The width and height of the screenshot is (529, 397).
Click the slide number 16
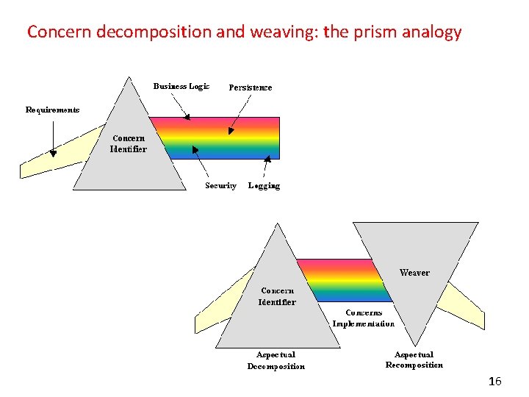coord(495,381)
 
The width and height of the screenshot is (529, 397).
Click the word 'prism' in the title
coord(381,32)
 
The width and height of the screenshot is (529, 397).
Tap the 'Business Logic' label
coord(181,86)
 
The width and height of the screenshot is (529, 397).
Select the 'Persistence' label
coord(251,87)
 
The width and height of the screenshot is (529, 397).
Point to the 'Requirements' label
coord(53,110)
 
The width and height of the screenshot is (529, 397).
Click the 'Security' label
coord(220,186)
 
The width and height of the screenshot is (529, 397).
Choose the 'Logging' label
coord(264,186)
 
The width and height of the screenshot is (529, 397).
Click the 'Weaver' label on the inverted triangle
coord(414,273)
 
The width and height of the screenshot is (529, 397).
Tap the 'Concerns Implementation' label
coord(363,318)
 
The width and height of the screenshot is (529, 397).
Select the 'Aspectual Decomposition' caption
coord(276,360)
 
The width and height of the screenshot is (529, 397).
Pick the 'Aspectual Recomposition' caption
coord(414,360)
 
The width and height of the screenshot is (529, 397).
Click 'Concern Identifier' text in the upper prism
coord(129,143)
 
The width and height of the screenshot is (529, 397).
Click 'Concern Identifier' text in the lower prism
coord(277,296)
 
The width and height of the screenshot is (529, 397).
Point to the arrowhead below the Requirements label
coord(53,153)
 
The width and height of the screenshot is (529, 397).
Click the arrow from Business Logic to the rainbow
coord(177,105)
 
